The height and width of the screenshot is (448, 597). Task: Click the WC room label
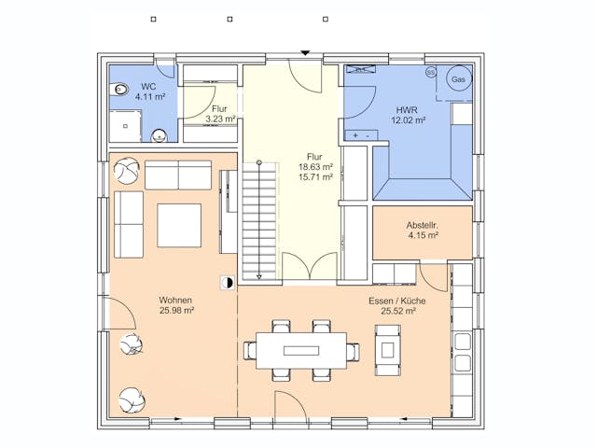pos(148,86)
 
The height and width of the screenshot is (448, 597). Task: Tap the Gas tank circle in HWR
pos(458,78)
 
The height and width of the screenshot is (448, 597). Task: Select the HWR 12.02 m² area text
pos(408,115)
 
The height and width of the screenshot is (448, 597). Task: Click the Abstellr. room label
pos(423,225)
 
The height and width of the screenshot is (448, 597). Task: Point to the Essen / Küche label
pos(397,301)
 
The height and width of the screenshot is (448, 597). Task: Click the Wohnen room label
pos(175,301)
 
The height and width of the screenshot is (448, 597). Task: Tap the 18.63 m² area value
pos(315,167)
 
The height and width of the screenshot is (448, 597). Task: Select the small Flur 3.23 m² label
pos(220,114)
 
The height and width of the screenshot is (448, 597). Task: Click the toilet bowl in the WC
pos(119,90)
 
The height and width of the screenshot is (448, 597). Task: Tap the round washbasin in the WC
pos(160,135)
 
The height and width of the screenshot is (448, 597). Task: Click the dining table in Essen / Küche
pos(301,351)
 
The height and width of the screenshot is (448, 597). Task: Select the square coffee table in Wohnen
pos(179,226)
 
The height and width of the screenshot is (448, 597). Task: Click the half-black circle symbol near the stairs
pos(228,283)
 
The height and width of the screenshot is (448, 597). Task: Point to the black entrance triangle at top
pos(305,53)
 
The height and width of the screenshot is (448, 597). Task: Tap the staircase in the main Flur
pos(259,221)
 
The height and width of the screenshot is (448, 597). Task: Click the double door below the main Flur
pos(311,266)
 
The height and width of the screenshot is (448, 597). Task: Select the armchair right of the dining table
pos(388,350)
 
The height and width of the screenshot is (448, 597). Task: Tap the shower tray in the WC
pos(125,126)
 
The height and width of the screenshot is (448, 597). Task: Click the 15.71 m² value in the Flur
pos(315,177)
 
